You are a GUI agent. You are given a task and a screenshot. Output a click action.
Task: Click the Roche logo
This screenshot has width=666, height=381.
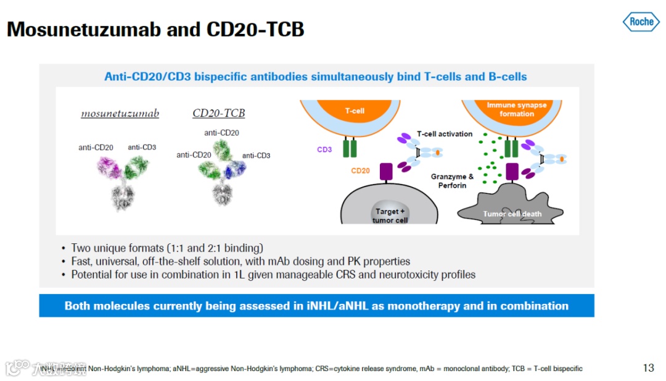(641, 22)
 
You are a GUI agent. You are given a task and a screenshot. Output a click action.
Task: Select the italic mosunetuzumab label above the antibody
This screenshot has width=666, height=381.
(120, 114)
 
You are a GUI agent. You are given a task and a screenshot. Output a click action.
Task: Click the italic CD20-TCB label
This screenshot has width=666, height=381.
(219, 114)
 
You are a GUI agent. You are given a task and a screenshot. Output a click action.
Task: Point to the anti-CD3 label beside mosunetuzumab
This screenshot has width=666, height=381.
(142, 147)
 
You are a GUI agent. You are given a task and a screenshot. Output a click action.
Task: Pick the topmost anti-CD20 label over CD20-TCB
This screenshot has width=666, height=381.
(221, 133)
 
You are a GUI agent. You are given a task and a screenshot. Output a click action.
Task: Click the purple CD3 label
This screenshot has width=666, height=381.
(324, 149)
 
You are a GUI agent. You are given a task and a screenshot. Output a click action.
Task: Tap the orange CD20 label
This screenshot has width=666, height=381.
(360, 170)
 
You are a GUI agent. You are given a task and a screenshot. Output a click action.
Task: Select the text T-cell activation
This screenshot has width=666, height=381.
(445, 134)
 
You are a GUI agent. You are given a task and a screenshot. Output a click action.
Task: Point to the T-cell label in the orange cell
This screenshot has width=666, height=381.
(355, 111)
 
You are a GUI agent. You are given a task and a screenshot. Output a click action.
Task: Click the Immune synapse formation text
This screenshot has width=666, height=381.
(517, 109)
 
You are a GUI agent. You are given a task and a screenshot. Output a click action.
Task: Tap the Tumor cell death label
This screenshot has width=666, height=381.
(512, 214)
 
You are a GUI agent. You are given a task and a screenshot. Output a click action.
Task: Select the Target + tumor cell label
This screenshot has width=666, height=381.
(390, 216)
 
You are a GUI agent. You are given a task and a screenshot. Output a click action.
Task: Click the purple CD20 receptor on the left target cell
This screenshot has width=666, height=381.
(387, 172)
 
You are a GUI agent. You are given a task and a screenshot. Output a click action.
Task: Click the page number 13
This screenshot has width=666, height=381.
(648, 368)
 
